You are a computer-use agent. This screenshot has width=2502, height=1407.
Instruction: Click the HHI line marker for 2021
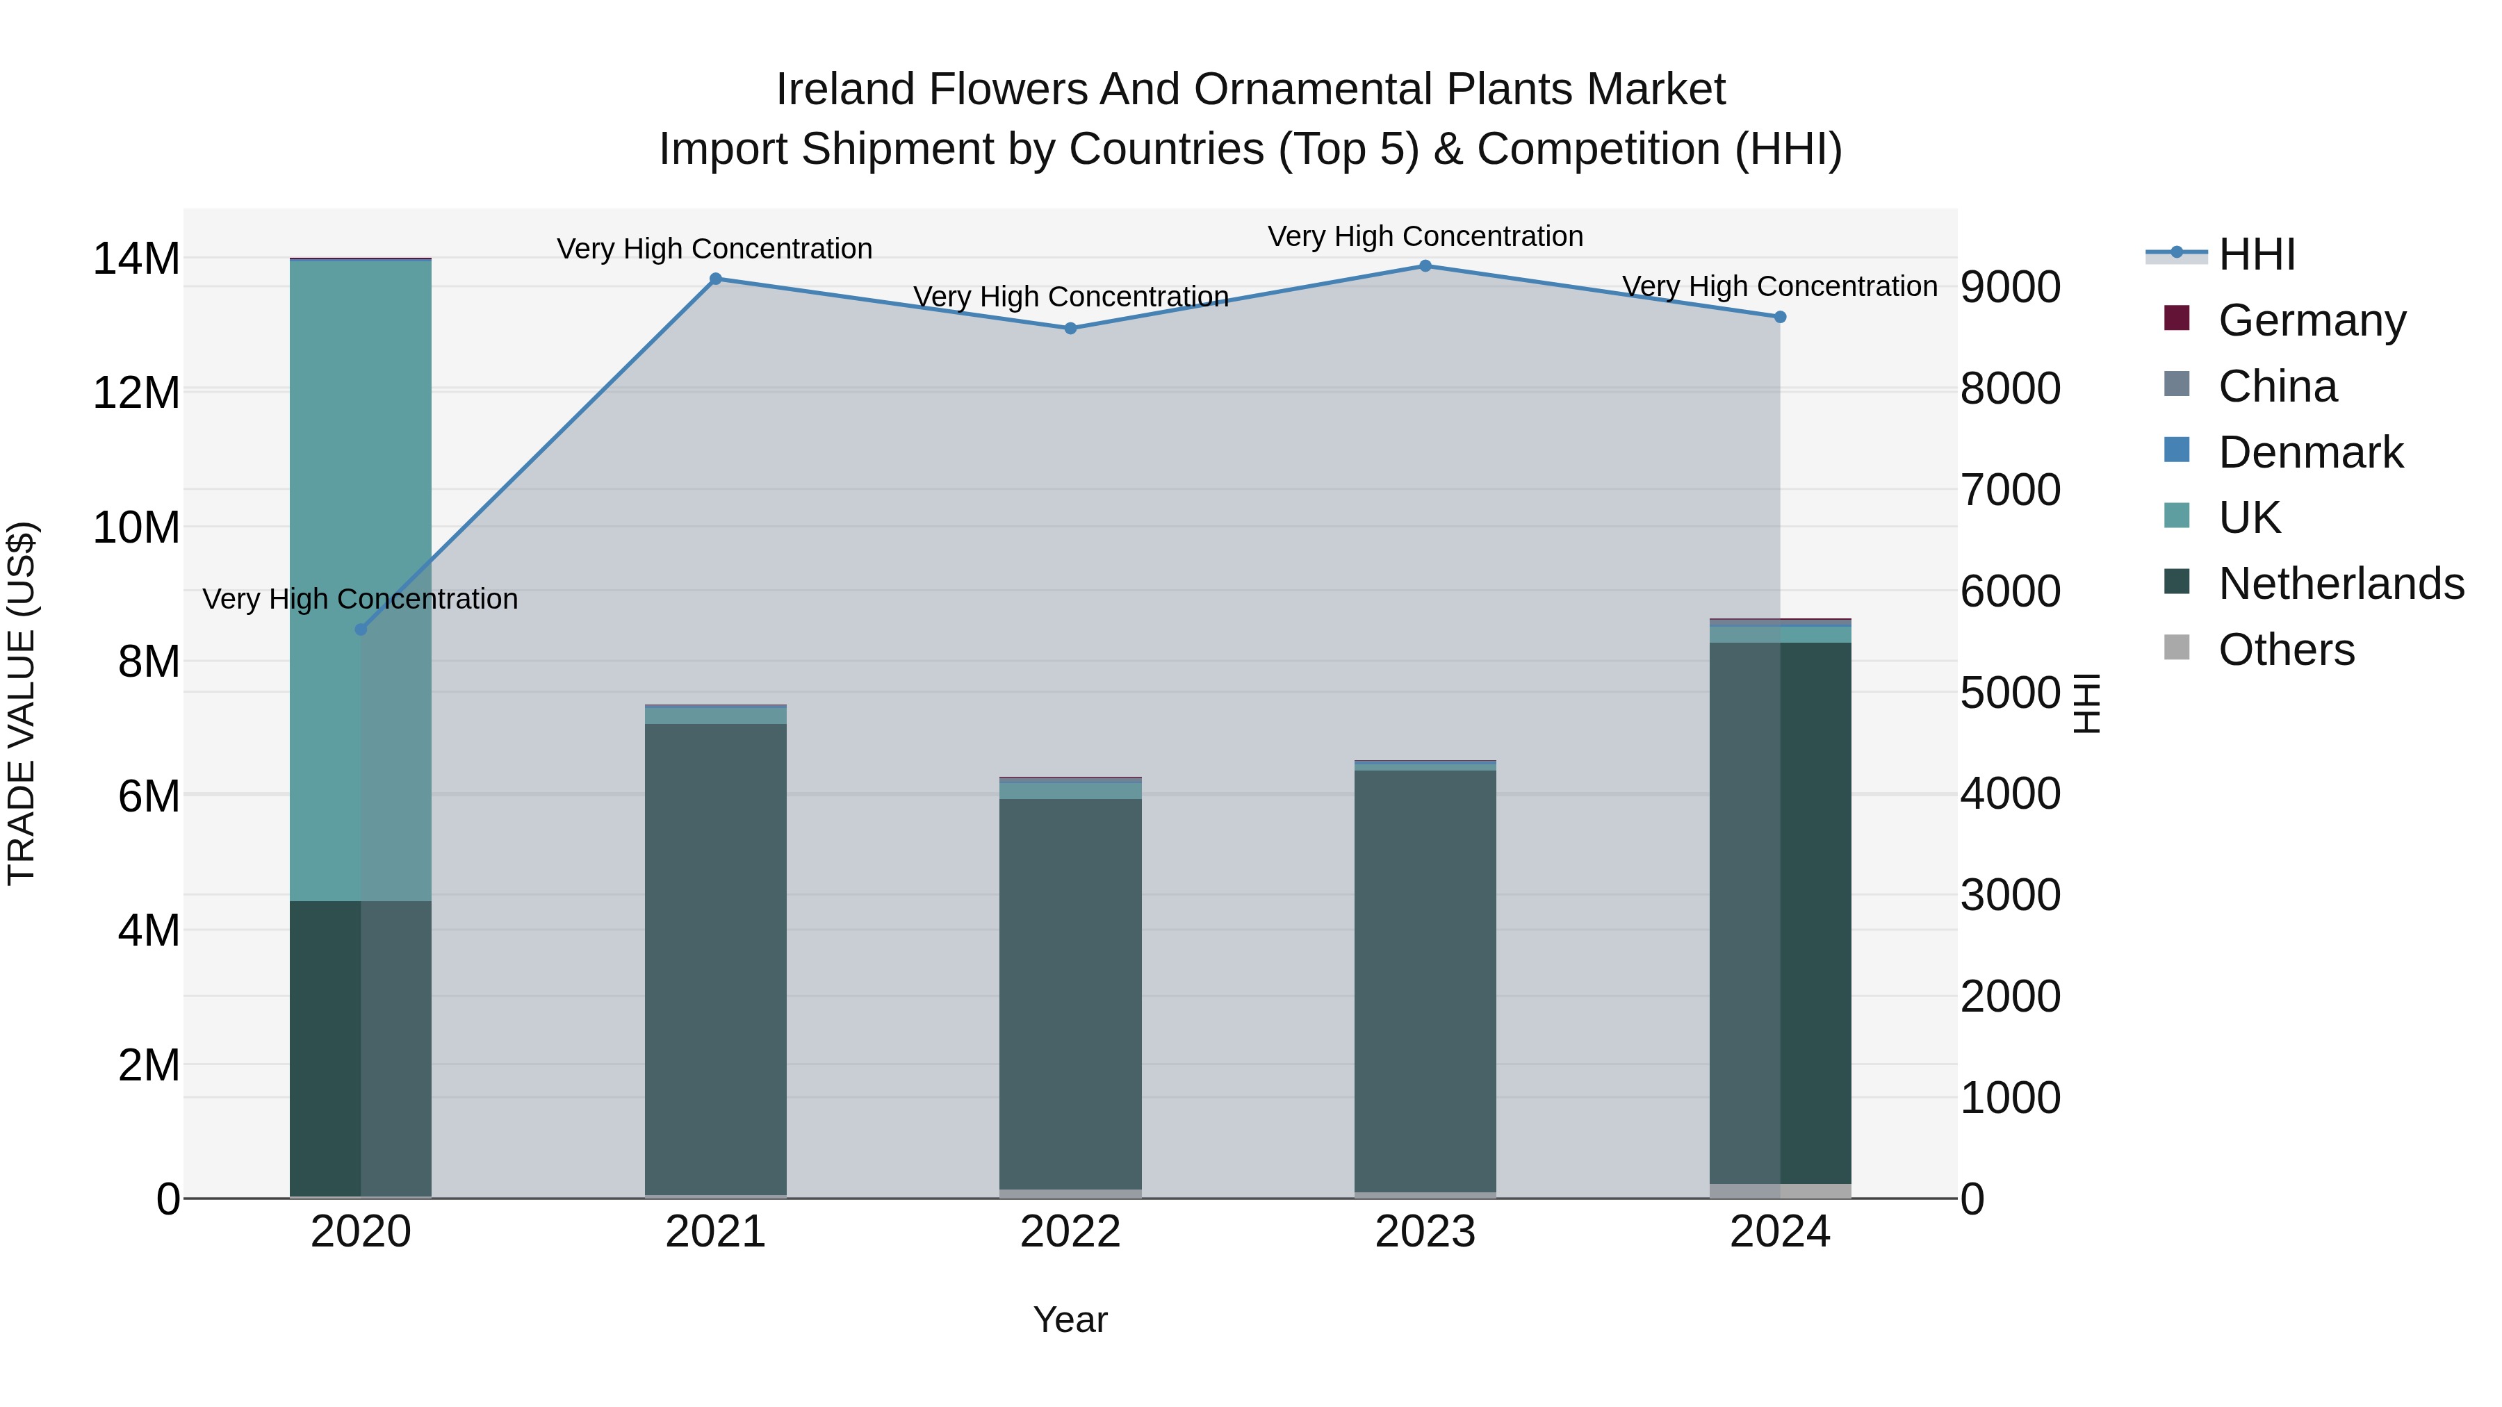[x=716, y=279]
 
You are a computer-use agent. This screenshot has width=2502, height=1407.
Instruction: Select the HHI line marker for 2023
[x=1425, y=266]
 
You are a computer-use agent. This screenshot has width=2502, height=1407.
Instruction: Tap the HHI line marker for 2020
[x=361, y=630]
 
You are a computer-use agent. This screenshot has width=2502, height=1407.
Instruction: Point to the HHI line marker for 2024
[x=1779, y=317]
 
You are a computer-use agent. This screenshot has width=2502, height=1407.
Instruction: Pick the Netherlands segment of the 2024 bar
[x=1779, y=913]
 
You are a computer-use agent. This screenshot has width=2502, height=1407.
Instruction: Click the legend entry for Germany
[x=2312, y=320]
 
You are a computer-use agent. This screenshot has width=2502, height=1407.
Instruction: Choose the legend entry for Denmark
[x=2309, y=452]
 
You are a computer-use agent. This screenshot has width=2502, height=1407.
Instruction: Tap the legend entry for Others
[x=2285, y=650]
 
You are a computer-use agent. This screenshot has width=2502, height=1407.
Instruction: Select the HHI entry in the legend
[x=2256, y=254]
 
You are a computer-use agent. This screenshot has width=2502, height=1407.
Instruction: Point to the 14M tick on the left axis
[x=136, y=259]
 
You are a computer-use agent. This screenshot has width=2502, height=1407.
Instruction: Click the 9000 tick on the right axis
[x=2009, y=288]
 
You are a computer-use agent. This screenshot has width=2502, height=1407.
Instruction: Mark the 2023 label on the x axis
[x=1425, y=1232]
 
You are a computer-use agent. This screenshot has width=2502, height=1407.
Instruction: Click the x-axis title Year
[x=1070, y=1319]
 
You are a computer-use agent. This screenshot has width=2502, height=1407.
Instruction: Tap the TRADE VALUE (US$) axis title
[x=22, y=703]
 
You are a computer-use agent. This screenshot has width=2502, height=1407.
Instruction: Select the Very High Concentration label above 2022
[x=1070, y=296]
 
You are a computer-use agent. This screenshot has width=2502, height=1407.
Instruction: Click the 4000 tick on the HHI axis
[x=2009, y=793]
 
